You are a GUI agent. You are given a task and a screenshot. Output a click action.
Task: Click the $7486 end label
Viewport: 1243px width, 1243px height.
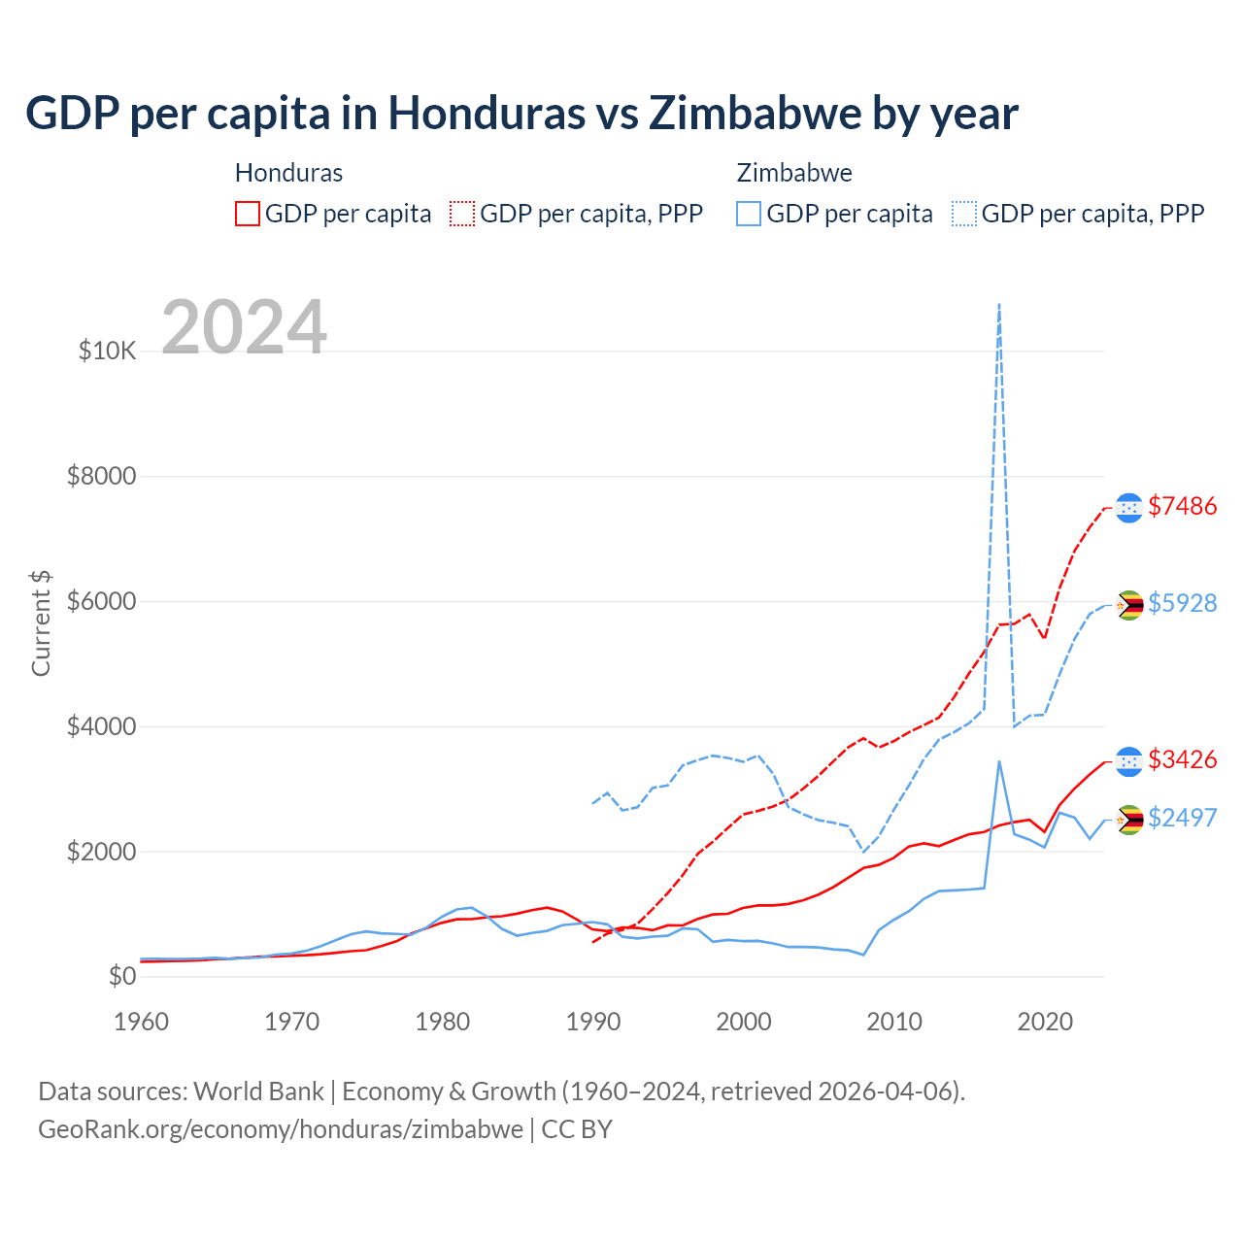click(1182, 506)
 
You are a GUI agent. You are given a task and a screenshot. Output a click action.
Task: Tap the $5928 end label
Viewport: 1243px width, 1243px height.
click(1182, 603)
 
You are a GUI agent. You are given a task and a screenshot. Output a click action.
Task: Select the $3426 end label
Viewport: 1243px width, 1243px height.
click(1182, 759)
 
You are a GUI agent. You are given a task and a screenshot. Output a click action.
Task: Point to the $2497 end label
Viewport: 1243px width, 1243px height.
click(1182, 818)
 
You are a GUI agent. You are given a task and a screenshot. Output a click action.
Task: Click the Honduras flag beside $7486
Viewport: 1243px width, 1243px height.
click(1128, 507)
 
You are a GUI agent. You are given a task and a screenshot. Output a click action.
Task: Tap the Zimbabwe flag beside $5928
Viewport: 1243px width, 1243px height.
click(1128, 605)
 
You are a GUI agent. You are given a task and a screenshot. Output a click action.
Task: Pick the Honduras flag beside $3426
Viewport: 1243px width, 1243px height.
click(1128, 761)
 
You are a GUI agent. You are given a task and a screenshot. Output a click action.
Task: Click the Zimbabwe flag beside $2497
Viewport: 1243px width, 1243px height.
click(1128, 820)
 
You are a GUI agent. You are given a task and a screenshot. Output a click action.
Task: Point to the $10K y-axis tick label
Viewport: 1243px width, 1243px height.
click(107, 351)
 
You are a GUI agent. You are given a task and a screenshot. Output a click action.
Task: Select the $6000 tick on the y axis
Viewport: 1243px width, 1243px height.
click(101, 601)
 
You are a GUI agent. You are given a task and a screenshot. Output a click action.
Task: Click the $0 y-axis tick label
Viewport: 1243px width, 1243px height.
click(121, 976)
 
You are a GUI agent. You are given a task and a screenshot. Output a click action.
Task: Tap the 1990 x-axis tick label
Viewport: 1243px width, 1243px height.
click(593, 1022)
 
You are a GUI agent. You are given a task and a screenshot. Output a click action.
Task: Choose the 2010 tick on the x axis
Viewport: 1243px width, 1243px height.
click(894, 1022)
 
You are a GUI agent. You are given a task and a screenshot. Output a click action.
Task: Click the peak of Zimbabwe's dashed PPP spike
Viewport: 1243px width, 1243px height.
click(999, 305)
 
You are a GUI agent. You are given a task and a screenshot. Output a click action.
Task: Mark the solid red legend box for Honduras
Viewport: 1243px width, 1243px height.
click(248, 214)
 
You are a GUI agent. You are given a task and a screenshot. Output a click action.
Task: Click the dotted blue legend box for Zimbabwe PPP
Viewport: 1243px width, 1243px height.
click(964, 214)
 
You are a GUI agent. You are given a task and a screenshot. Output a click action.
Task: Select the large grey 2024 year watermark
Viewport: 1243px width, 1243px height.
click(244, 327)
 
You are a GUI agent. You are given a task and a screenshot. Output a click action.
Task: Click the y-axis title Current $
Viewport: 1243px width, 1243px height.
click(41, 623)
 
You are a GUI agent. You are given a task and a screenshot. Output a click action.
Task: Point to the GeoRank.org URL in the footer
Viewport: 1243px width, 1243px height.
click(281, 1129)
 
